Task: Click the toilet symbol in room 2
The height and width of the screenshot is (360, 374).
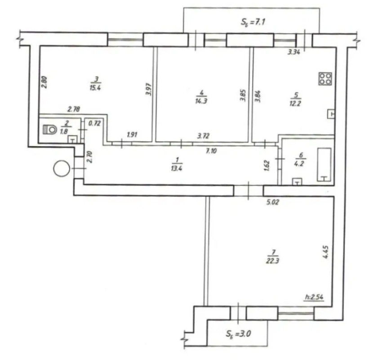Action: [49, 130]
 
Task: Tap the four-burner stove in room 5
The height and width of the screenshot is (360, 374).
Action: [325, 79]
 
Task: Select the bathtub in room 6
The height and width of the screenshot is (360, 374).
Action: [324, 165]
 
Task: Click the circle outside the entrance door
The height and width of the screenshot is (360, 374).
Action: [62, 169]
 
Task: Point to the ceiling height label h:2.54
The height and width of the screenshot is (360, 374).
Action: [314, 297]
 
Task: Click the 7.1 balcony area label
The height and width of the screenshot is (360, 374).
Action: [253, 22]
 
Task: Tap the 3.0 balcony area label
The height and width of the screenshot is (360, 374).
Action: [238, 333]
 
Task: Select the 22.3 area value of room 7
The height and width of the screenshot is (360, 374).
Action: [272, 261]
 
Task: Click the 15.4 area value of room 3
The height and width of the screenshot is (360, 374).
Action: [95, 88]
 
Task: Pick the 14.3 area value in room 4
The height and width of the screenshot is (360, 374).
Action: [201, 101]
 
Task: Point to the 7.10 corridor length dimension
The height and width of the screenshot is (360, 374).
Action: [211, 151]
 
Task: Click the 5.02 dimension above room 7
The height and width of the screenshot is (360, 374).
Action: [272, 202]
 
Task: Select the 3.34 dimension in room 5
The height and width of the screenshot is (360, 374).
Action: [294, 52]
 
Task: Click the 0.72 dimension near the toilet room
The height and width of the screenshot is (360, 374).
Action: [94, 123]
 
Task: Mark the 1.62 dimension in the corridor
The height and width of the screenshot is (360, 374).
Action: [267, 166]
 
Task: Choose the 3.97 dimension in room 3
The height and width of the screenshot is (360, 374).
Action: [149, 89]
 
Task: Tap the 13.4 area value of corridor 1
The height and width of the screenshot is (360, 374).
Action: [177, 169]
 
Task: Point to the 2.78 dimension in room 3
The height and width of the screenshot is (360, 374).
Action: [74, 109]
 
